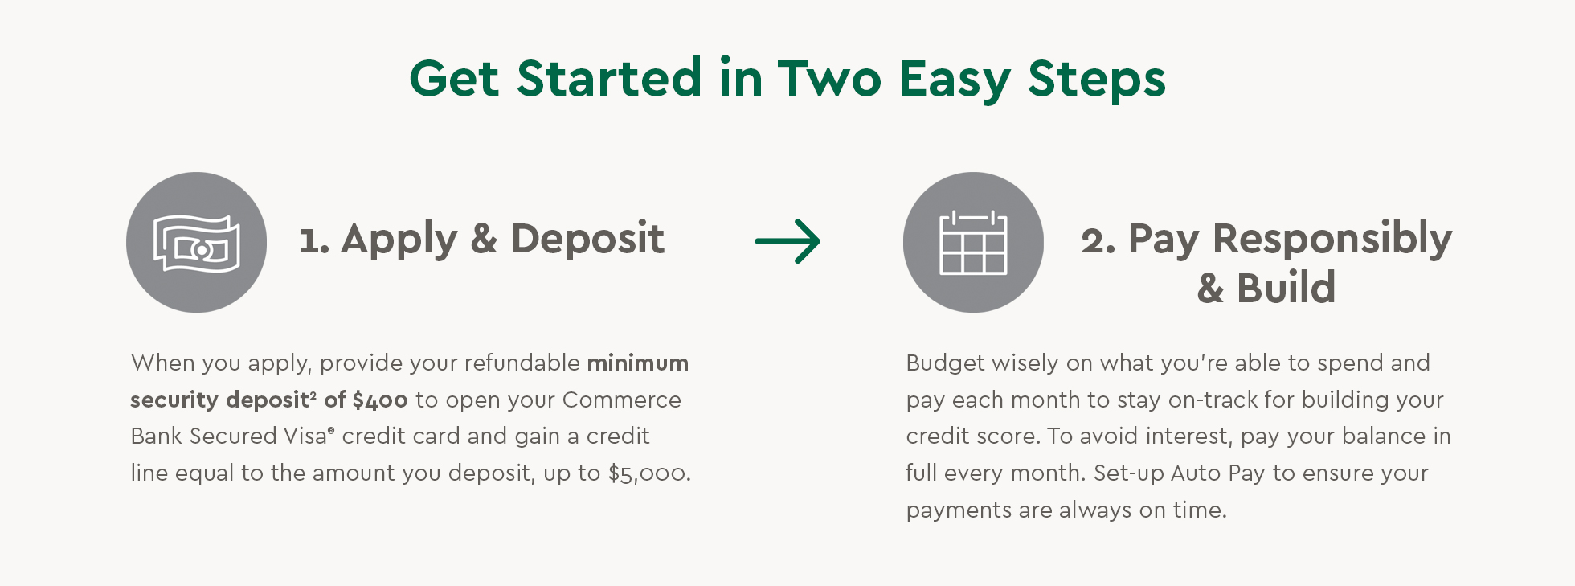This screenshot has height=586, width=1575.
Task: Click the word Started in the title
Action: (x=609, y=79)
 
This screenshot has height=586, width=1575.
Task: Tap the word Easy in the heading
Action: (x=954, y=80)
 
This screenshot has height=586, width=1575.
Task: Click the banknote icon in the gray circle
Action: (x=197, y=243)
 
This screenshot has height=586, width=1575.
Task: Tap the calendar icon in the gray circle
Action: (x=973, y=243)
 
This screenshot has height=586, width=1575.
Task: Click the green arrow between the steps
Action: (x=787, y=241)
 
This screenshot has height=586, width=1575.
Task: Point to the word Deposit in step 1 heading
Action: (x=587, y=239)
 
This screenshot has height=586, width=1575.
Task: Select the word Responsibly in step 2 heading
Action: (x=1332, y=239)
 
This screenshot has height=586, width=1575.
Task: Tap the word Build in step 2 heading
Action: (x=1286, y=288)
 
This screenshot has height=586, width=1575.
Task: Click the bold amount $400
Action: (x=379, y=400)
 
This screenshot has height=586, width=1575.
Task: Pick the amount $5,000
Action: (x=648, y=473)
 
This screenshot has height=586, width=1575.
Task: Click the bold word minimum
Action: (x=637, y=363)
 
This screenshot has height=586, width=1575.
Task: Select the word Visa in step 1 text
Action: (x=305, y=436)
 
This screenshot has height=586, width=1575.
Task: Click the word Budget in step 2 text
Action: (x=945, y=363)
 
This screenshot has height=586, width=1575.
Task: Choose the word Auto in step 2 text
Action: (x=1196, y=473)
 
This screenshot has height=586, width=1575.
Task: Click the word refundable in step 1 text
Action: (x=522, y=363)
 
